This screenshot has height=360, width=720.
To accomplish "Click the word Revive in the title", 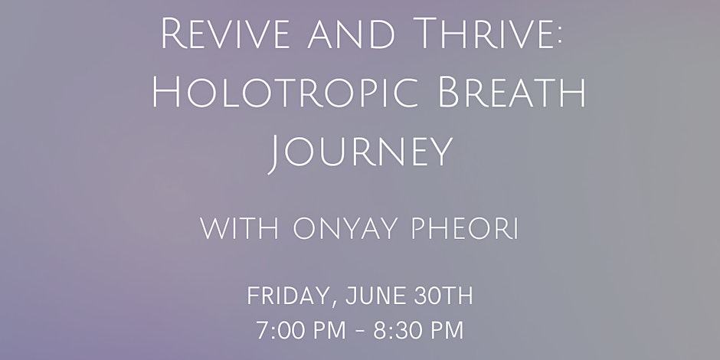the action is [225, 34].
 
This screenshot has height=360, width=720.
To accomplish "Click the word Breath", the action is [512, 92].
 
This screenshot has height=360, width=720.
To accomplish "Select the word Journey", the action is [360, 152].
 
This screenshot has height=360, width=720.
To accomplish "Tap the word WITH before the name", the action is [240, 229].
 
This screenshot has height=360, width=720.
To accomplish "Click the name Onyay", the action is [345, 229].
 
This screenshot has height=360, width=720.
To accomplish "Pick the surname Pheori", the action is [465, 229].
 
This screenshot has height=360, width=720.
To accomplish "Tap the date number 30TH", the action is [443, 296].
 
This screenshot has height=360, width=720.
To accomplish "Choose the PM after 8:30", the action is [444, 331].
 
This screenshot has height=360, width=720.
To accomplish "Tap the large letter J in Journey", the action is [274, 155].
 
